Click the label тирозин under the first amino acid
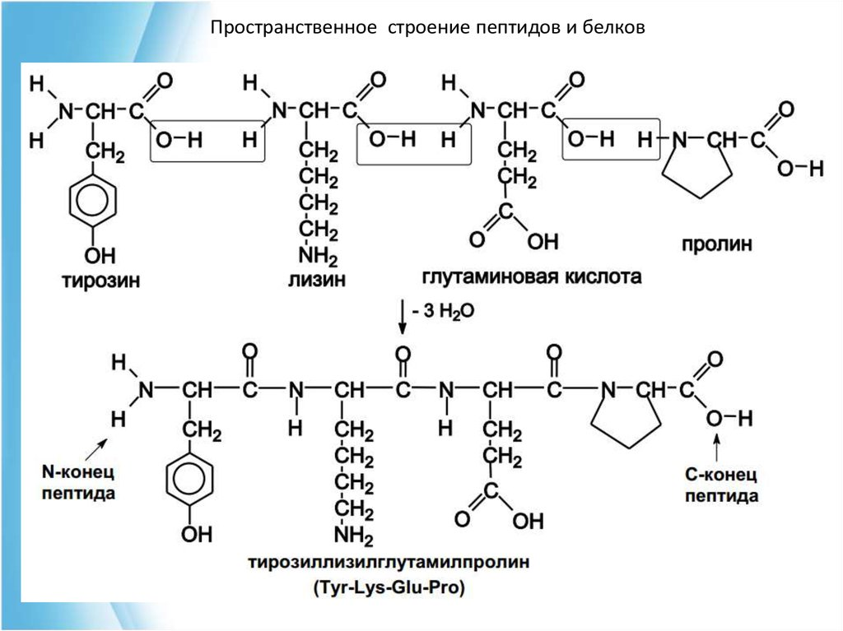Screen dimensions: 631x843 [100, 281]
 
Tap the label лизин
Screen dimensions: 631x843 [316, 280]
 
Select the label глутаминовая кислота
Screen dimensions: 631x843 [531, 276]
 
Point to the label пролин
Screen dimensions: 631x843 [716, 244]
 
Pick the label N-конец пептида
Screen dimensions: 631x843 [79, 484]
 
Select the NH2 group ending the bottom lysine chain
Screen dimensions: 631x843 [353, 536]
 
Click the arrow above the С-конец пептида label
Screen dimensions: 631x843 [716, 449]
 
